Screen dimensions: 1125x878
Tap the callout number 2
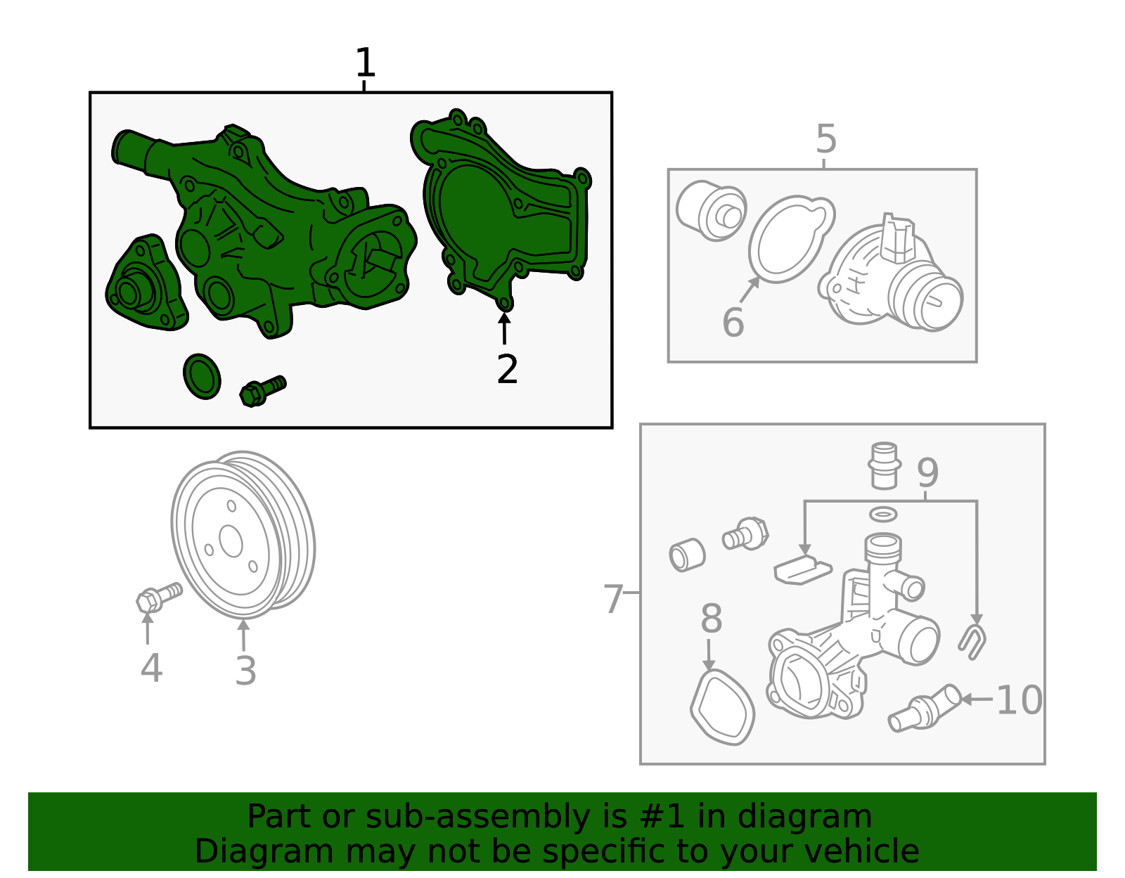pyautogui.click(x=507, y=370)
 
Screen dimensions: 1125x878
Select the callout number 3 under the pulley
pyautogui.click(x=245, y=671)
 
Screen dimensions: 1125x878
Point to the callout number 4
pyautogui.click(x=151, y=668)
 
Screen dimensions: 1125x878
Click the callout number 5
pyautogui.click(x=825, y=139)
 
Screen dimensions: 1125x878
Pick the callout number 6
pyautogui.click(x=733, y=322)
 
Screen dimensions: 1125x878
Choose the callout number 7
pyautogui.click(x=613, y=599)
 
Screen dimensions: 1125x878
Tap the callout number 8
pyautogui.click(x=712, y=619)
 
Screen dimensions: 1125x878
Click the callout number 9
pyautogui.click(x=927, y=472)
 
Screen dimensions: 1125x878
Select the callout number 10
pyautogui.click(x=1020, y=701)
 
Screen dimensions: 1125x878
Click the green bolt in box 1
pyautogui.click(x=262, y=391)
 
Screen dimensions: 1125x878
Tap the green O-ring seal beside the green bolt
pyautogui.click(x=202, y=377)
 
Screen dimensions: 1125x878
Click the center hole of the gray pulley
pyautogui.click(x=231, y=542)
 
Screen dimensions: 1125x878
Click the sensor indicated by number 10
pyautogui.click(x=925, y=709)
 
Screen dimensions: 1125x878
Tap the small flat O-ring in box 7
pyautogui.click(x=883, y=515)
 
